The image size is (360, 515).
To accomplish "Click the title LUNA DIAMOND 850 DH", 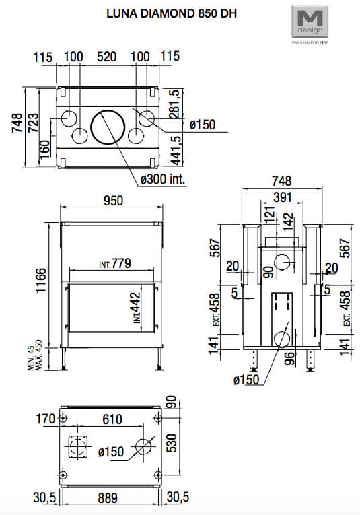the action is pos(172,13).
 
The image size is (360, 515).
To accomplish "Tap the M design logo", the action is pos(310,22).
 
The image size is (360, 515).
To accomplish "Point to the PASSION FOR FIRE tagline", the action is pos(310,42).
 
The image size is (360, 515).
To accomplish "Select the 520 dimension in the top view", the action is pos(107,57).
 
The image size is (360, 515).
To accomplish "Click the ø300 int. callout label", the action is pos(163,179).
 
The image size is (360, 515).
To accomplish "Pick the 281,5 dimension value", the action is pos(174,104).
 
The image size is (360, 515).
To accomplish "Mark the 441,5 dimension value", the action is pos(176,150).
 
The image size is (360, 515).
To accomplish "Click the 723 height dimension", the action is pos(33,123).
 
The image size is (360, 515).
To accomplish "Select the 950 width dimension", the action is pos(113,201).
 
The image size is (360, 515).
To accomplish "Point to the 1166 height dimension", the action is pos(42,281).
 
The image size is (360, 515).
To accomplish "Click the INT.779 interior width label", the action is pos(115,263).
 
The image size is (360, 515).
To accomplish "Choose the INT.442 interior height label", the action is pos(137,308).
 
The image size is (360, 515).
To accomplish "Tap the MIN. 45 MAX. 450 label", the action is pos(35,355).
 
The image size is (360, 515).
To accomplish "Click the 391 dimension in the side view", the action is pos(282,197).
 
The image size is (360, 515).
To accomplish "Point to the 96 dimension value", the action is pos(290,359).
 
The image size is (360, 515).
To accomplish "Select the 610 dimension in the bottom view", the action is pos(112,419).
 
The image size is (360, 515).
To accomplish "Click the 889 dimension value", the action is pos(108,498).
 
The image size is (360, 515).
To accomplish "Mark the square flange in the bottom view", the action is pos(79,447).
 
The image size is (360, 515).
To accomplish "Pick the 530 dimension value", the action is pos(172,443).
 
